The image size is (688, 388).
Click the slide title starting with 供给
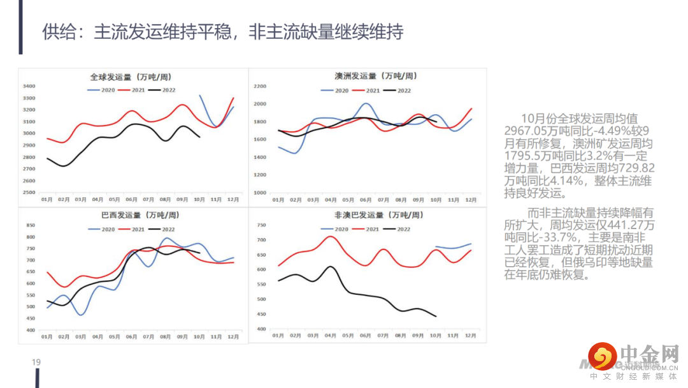[x=222, y=31]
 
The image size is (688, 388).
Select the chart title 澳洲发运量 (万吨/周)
[x=376, y=76]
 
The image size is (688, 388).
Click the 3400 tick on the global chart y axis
[x=29, y=86]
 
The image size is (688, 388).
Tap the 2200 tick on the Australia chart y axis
[x=259, y=86]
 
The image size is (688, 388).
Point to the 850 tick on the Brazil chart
[x=31, y=225]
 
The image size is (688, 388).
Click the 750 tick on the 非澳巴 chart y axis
[x=261, y=225]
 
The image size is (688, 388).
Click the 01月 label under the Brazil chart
[x=47, y=336]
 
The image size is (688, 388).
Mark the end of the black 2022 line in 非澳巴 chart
[x=436, y=316]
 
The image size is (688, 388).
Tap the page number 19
[x=36, y=362]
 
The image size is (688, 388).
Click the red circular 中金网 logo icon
[x=601, y=357]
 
